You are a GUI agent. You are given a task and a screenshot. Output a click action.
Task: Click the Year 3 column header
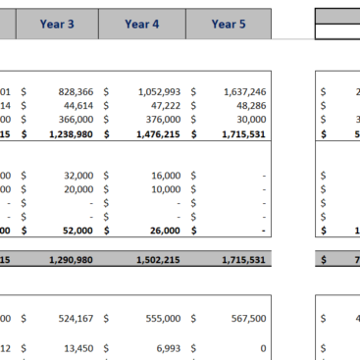point(57,24)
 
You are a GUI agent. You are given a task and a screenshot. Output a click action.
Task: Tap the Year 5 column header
point(229,24)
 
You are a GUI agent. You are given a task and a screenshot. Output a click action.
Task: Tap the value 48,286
point(247,103)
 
